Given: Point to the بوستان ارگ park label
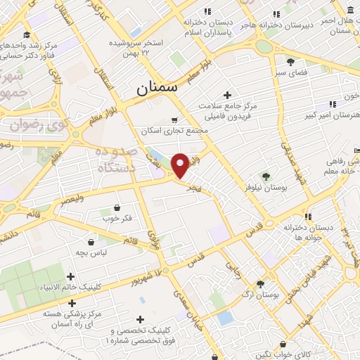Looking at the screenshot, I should [263, 295].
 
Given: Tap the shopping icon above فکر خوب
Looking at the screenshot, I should [117, 208].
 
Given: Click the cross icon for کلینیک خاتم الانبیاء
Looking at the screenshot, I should [70, 277].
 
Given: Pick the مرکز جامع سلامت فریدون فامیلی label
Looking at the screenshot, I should [228, 110].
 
